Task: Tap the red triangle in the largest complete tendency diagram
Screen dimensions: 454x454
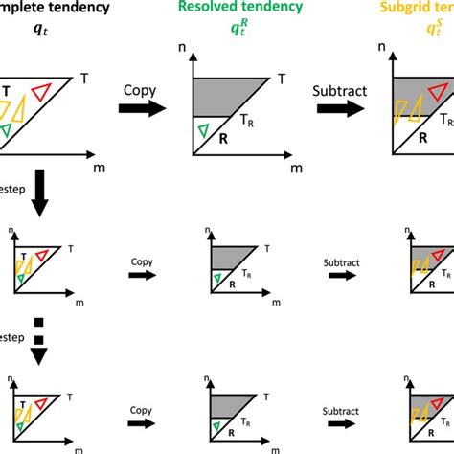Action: click(x=40, y=93)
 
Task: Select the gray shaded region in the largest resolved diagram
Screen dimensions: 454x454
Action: click(x=225, y=94)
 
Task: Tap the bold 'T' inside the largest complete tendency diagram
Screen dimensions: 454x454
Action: click(x=8, y=92)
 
